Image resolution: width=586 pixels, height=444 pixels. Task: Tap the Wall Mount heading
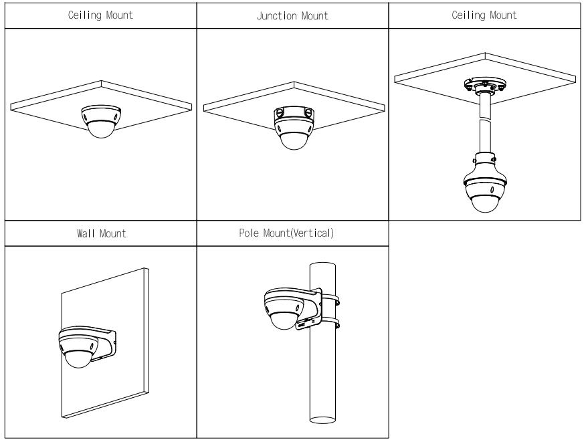click(x=100, y=235)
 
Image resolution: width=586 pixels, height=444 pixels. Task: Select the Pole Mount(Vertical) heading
click(x=292, y=235)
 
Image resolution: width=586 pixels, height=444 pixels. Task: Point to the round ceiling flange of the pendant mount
click(x=486, y=86)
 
